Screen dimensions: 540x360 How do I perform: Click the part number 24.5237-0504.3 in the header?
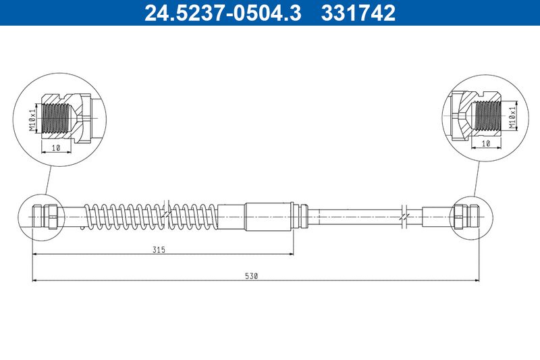[x=223, y=13]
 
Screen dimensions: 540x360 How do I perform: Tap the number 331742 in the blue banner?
[x=358, y=13]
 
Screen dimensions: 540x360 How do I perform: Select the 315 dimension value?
[x=159, y=249]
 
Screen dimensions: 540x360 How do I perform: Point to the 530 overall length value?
[x=251, y=276]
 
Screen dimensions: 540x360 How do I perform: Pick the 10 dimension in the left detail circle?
[x=56, y=148]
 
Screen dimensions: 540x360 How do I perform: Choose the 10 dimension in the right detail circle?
[x=485, y=144]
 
